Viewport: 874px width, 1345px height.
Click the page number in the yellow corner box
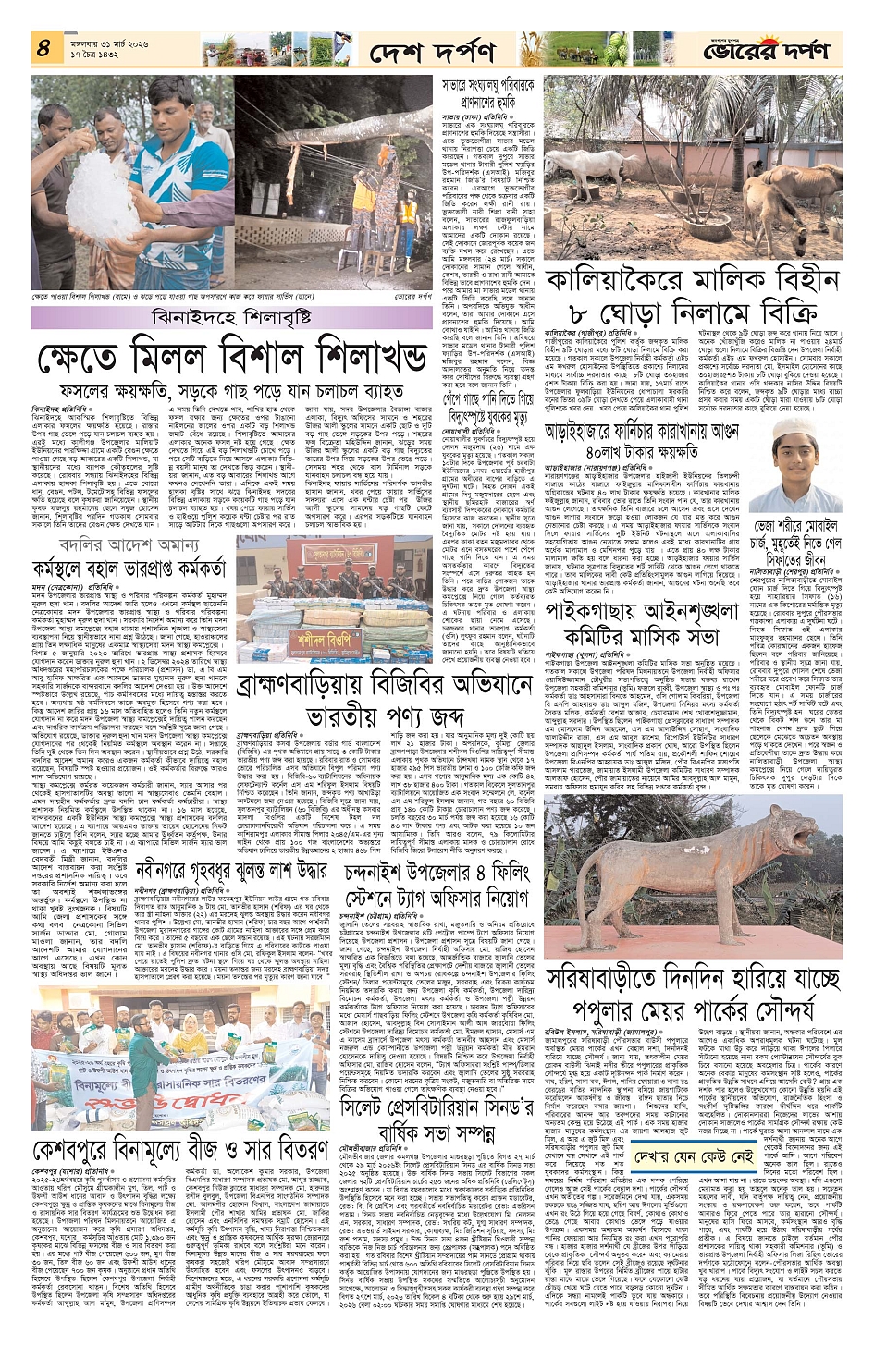point(43,49)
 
